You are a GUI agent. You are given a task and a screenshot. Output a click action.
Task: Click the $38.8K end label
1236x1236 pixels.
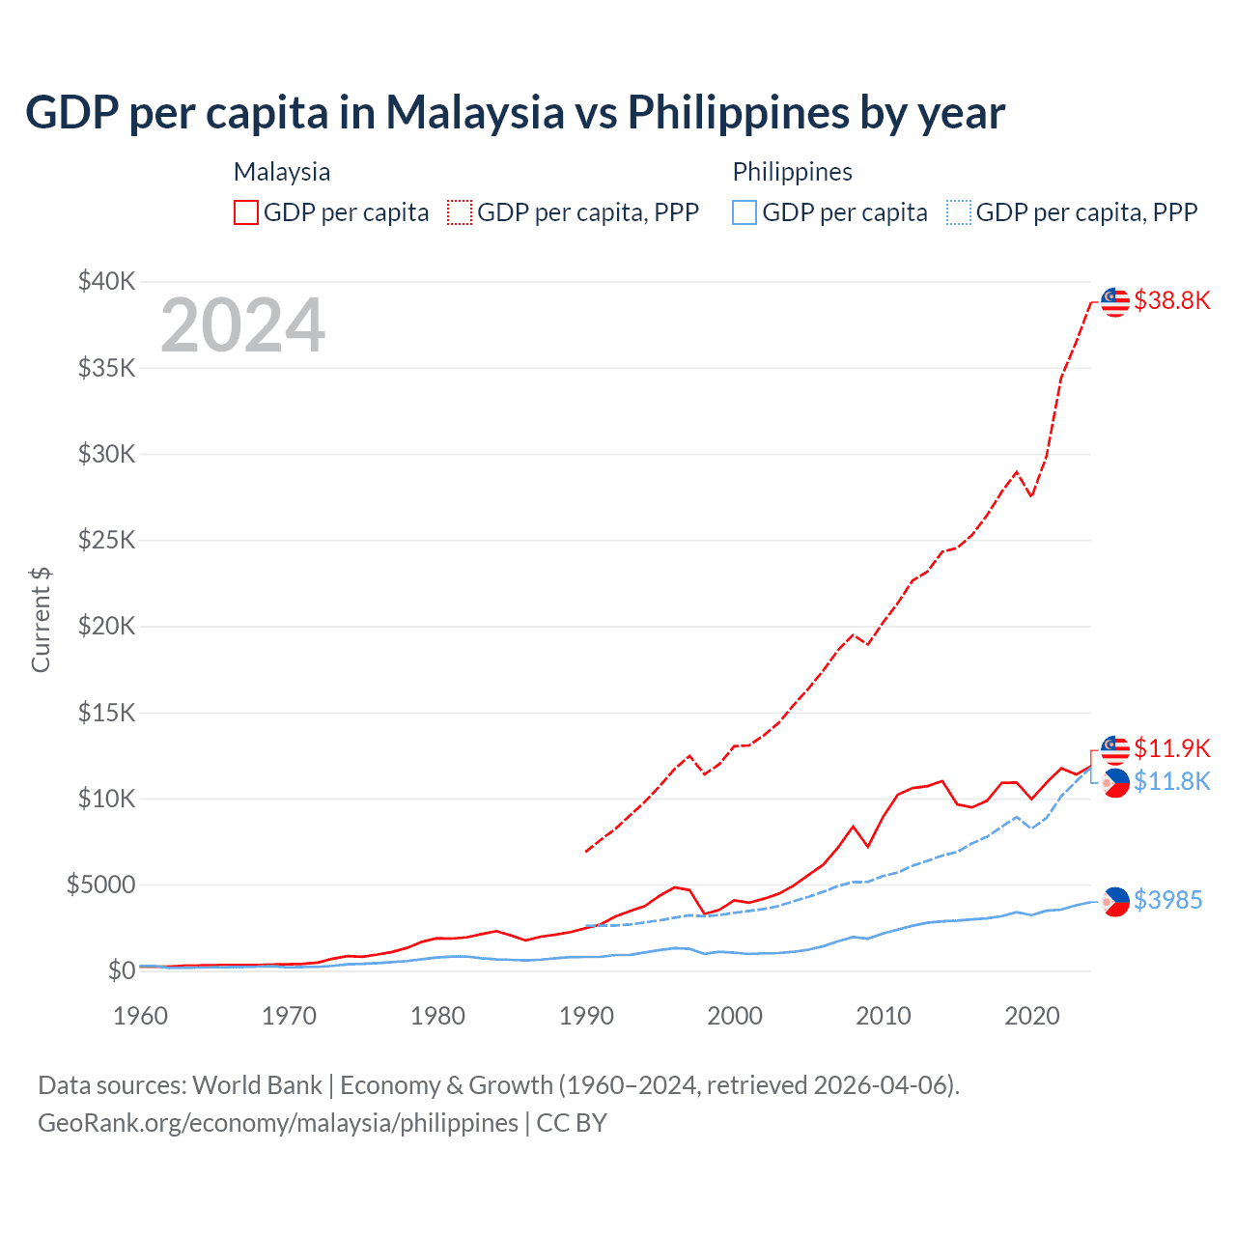point(1171,300)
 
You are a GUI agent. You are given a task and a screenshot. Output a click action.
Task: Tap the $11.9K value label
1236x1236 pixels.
point(1171,748)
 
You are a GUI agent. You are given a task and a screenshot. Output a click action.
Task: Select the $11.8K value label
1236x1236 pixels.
point(1171,781)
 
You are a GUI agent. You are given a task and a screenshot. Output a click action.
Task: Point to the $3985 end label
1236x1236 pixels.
point(1167,900)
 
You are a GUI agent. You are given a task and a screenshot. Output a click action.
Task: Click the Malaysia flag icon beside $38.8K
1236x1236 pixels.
point(1115,301)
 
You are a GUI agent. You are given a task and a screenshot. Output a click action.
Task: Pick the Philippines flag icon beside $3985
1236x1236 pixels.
point(1115,901)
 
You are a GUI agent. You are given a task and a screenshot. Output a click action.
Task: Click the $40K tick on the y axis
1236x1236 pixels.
point(106,282)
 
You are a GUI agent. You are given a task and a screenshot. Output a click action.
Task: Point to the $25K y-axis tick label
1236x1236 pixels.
point(106,540)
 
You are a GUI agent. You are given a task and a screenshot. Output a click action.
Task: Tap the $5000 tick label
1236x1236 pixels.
point(100,885)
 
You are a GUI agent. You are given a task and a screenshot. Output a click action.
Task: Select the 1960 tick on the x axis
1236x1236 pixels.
point(141,1016)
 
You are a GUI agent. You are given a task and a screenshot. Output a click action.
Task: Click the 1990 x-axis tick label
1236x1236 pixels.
point(586,1016)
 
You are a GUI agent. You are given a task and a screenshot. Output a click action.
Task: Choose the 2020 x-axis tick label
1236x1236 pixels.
point(1031,1016)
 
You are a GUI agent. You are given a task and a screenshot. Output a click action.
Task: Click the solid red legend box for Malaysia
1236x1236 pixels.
point(246,212)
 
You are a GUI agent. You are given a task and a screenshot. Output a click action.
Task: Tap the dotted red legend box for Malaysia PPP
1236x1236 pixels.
point(460,212)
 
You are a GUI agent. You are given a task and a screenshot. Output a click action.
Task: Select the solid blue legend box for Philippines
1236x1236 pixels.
point(744,212)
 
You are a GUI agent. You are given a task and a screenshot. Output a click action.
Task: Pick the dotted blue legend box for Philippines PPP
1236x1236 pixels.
point(959,212)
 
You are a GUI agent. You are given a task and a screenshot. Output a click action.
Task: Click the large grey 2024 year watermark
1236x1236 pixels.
point(242,325)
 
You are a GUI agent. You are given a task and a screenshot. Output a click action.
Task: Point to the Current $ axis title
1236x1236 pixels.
point(41,620)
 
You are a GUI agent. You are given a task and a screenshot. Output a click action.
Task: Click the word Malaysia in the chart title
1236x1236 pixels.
point(474,112)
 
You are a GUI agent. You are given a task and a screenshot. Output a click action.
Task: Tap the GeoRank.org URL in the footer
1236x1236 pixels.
point(278,1123)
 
